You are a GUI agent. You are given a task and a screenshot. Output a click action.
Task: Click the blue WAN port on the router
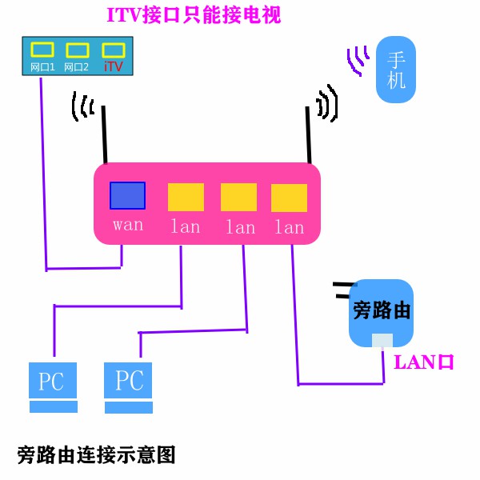[x=127, y=196]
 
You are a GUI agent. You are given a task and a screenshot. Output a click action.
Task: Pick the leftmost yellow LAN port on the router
[x=186, y=197]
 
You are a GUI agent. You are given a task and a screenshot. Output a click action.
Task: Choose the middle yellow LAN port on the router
[x=238, y=197]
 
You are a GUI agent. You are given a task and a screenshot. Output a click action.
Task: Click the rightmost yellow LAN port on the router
[x=289, y=197]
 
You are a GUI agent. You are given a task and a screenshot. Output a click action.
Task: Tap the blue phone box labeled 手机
[x=397, y=70]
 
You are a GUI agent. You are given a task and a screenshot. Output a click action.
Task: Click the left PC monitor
[x=53, y=381]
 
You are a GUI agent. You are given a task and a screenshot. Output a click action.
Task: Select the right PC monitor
[x=128, y=380]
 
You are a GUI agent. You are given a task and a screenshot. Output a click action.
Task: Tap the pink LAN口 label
[x=424, y=362]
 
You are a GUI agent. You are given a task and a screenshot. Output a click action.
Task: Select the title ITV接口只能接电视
[x=194, y=14]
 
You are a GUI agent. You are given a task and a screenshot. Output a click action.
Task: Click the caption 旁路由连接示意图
[x=96, y=455]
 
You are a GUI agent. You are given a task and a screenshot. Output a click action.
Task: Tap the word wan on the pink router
[x=128, y=225]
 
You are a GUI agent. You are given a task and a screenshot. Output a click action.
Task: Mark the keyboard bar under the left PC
[x=53, y=407]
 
